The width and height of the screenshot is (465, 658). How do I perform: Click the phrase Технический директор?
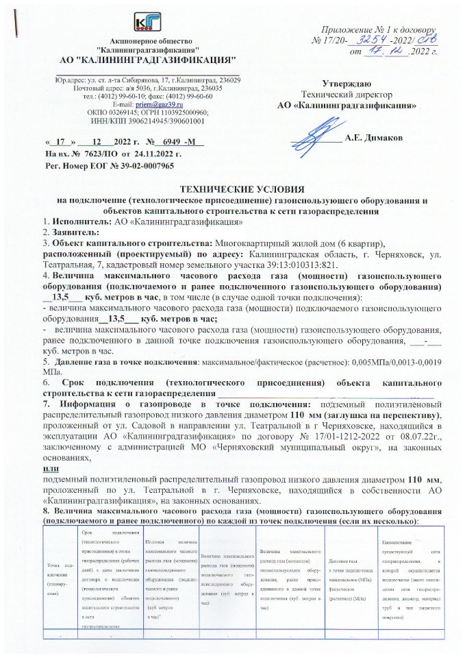click(347, 94)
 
